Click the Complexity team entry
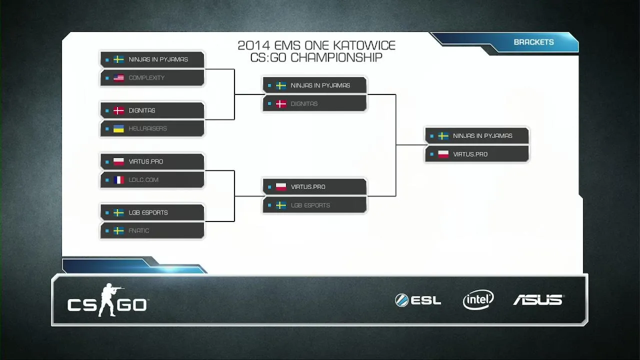point(146,78)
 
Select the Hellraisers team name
point(147,129)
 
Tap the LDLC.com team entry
point(143,180)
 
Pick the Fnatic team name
point(139,231)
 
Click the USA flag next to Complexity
point(118,78)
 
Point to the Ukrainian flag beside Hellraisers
point(118,129)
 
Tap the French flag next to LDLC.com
point(118,180)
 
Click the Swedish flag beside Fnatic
point(118,231)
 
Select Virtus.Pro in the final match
point(470,154)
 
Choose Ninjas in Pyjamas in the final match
point(482,136)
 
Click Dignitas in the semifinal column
point(304,104)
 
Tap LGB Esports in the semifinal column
point(310,205)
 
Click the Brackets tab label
point(533,42)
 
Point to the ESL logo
point(418,300)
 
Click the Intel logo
point(478,299)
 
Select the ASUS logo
point(538,300)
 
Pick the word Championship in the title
point(336,57)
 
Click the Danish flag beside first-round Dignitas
point(118,110)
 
